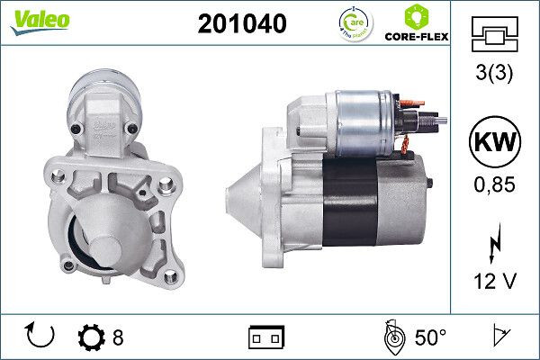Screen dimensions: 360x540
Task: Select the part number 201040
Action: pos(241,24)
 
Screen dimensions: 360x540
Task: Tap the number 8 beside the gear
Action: pos(118,337)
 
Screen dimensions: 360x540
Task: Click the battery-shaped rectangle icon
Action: pos(265,337)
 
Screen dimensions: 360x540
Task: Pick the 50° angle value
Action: pos(430,337)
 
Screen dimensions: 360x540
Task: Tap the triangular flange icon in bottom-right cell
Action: pos(498,337)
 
